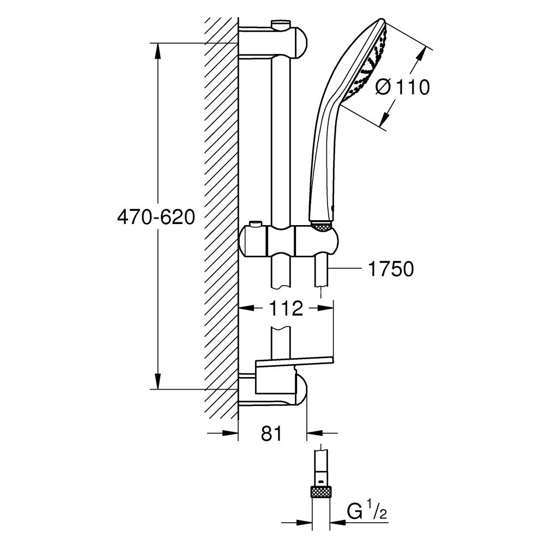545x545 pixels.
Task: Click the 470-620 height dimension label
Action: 156,218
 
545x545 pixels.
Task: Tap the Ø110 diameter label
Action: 403,87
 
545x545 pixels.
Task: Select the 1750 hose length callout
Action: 391,269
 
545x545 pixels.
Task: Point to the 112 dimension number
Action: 286,309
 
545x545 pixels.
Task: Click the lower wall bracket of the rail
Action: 272,390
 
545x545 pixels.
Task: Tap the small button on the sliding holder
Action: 255,225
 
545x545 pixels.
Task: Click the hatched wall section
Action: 221,218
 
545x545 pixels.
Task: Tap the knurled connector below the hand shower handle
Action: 322,225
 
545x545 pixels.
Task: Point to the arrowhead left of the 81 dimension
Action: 231,434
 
